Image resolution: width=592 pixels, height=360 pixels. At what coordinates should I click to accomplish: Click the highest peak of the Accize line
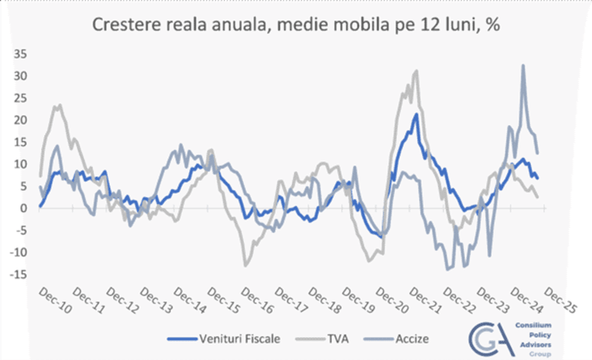[x=523, y=65]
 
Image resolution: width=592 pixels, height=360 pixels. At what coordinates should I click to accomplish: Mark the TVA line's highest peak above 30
[x=416, y=71]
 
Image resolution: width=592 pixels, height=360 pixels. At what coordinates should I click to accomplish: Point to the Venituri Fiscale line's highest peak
[x=416, y=114]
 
